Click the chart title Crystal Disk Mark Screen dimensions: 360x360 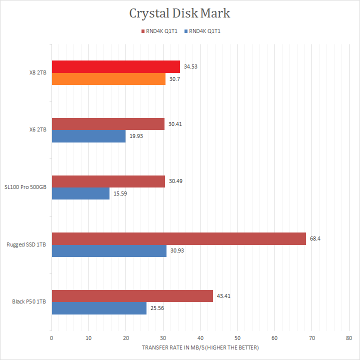[x=179, y=13]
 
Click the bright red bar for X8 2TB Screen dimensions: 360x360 [x=115, y=66]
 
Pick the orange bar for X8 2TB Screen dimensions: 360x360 [x=108, y=78]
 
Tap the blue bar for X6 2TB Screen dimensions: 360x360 [x=88, y=136]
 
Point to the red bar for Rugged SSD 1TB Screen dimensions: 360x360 [x=178, y=238]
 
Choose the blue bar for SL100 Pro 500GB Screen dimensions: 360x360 [x=80, y=193]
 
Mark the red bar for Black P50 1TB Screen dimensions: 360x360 [x=132, y=296]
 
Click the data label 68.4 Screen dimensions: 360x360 [x=315, y=238]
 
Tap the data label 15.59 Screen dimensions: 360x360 [x=120, y=193]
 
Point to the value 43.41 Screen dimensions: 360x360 [x=223, y=296]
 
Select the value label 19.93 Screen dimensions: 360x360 [x=136, y=136]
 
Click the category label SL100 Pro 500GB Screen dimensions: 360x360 [x=26, y=187]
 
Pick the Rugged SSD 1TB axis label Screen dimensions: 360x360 [x=26, y=244]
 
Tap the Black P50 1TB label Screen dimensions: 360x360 [x=29, y=302]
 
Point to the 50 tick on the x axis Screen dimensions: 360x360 [x=237, y=338]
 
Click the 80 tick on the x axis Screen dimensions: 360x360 [x=349, y=338]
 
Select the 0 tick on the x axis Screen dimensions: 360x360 [x=51, y=338]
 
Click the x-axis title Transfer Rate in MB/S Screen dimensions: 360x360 [x=200, y=347]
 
